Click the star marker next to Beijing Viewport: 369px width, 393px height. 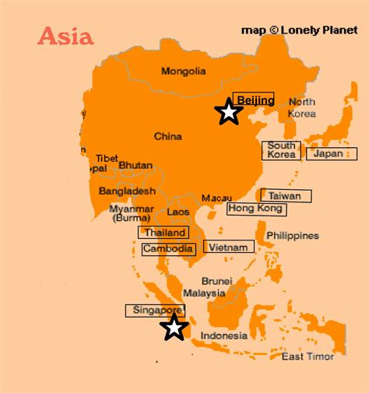coord(228,112)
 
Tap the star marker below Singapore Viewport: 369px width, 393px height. coord(174,328)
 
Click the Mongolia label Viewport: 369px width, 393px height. coord(183,72)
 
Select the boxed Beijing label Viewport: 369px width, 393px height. coord(254,100)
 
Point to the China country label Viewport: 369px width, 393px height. coord(167,136)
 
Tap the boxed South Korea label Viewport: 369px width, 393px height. coord(282,149)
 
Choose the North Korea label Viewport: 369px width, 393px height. coord(302,107)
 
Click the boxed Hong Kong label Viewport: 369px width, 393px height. coord(256,209)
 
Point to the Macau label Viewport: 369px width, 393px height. coord(216,198)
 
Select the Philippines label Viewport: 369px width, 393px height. coord(293,235)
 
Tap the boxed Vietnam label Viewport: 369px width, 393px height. coord(229,247)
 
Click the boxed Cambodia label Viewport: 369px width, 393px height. coord(168,249)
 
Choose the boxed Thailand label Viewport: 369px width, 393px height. coord(163,232)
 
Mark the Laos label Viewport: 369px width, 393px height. coord(178,211)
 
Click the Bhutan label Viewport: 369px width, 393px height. coord(135,165)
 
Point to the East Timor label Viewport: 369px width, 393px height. coord(307,356)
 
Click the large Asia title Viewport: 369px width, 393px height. coord(65,36)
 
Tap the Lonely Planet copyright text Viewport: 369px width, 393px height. coord(299,30)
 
